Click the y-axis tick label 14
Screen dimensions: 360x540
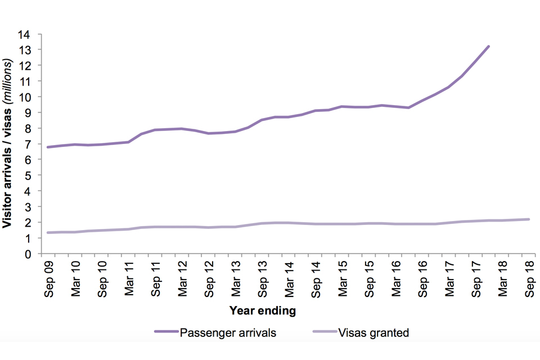click(28, 34)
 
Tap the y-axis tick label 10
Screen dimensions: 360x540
click(28, 97)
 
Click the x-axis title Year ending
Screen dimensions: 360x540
click(262, 310)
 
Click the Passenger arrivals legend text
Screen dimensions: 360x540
click(228, 332)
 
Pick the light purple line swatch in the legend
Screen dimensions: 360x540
click(326, 332)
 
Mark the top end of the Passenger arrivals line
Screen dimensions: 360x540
click(488, 46)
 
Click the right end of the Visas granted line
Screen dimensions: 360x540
click(529, 219)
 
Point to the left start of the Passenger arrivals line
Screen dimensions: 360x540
click(47, 147)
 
